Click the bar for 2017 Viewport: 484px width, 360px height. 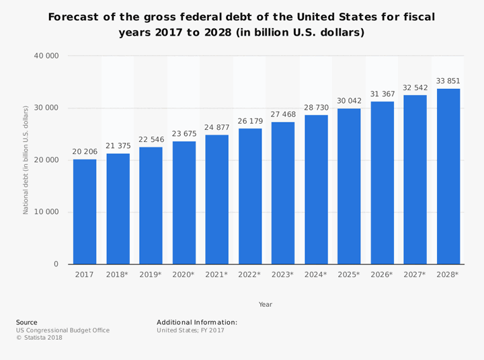(x=85, y=211)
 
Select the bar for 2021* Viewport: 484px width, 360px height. (x=216, y=199)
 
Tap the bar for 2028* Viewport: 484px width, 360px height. (x=448, y=176)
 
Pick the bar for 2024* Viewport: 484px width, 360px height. (x=316, y=189)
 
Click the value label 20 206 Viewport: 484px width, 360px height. (x=85, y=152)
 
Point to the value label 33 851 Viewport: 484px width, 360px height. (x=448, y=81)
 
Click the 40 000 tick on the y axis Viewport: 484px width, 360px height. (x=46, y=56)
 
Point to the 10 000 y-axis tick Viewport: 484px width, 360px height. (x=46, y=212)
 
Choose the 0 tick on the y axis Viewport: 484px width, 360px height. (x=56, y=264)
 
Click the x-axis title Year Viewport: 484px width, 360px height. (x=266, y=304)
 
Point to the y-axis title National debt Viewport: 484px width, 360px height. (x=26, y=159)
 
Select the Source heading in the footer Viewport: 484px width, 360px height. (x=27, y=322)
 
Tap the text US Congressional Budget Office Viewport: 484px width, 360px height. (x=63, y=330)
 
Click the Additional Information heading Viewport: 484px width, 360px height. (x=197, y=322)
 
